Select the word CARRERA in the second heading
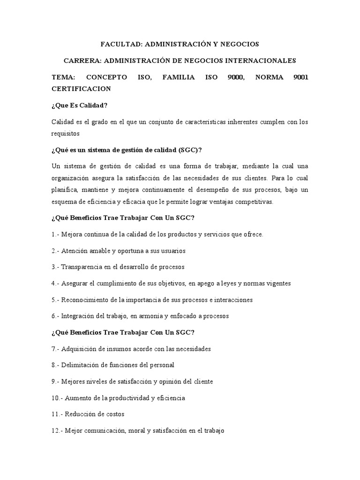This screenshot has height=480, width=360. (x=82, y=60)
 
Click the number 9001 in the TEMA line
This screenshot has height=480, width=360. (x=299, y=77)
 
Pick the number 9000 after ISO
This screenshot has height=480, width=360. (x=234, y=77)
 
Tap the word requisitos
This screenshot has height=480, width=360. (x=66, y=133)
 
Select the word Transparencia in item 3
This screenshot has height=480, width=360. (x=81, y=267)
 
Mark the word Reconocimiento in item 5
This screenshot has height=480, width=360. (x=83, y=300)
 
